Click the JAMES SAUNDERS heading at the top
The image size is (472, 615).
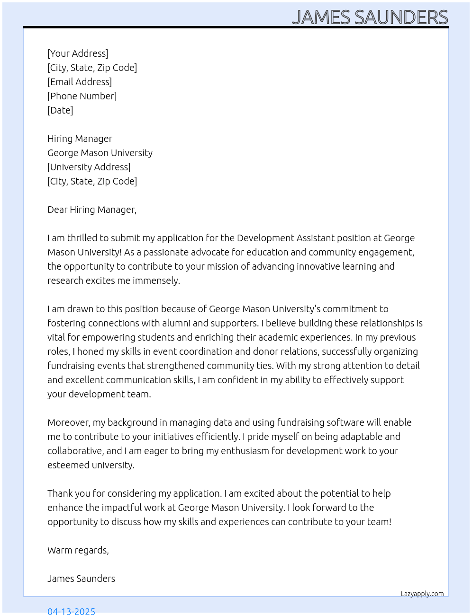[370, 17]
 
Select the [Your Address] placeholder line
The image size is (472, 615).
[78, 53]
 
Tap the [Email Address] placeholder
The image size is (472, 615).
[80, 82]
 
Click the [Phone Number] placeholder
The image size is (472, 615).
[82, 96]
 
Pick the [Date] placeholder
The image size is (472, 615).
[60, 110]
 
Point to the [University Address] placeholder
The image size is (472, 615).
[89, 167]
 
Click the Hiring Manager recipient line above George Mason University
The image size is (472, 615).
[80, 139]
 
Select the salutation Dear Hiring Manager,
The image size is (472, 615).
[92, 210]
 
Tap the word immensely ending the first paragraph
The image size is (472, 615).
[156, 281]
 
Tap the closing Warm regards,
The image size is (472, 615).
[78, 550]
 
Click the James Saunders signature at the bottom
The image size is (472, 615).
[81, 579]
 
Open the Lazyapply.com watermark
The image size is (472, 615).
[422, 594]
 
